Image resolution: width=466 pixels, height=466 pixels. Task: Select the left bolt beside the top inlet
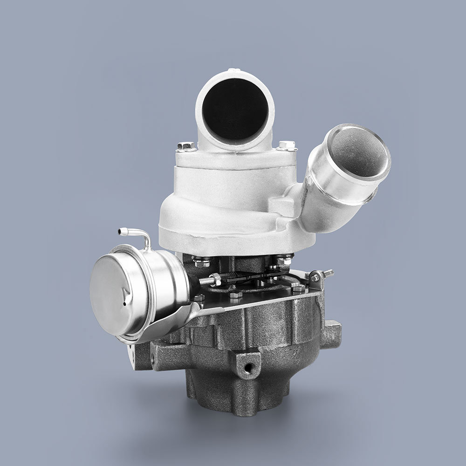(x=185, y=147)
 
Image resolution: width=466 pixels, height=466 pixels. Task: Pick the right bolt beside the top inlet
(x=286, y=146)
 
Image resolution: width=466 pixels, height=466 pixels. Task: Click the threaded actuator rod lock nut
(x=216, y=280)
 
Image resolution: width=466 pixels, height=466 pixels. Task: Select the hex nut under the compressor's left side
(x=202, y=262)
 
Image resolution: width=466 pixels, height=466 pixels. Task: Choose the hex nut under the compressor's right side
(x=283, y=260)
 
